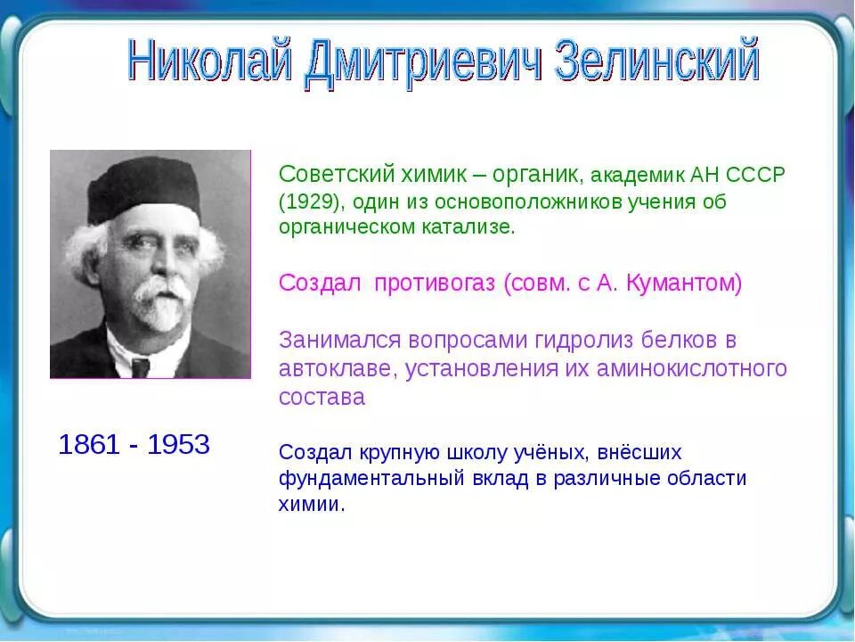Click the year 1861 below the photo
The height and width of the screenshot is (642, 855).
click(88, 444)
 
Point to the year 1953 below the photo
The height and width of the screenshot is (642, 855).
click(178, 444)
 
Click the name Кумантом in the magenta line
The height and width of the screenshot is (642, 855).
click(683, 284)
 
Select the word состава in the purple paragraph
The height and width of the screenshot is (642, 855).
click(322, 397)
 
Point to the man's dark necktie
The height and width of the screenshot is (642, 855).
click(141, 366)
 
